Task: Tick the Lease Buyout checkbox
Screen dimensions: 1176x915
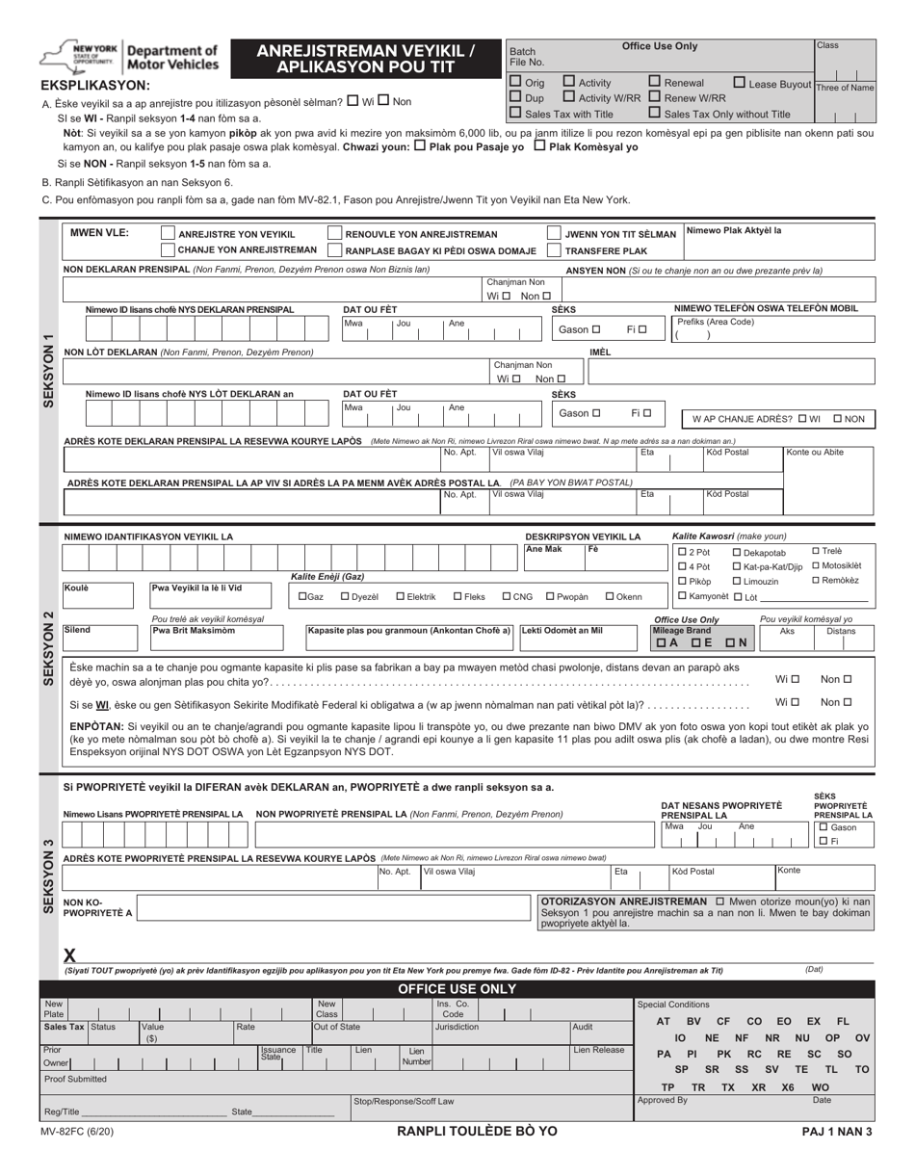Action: pyautogui.click(x=740, y=83)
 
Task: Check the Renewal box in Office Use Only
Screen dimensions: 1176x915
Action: pyautogui.click(x=655, y=83)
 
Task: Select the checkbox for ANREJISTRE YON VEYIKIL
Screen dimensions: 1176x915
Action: pyautogui.click(x=168, y=234)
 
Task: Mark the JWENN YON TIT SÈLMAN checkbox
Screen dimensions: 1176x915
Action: pyautogui.click(x=555, y=234)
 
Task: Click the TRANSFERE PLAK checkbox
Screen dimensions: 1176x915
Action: pyautogui.click(x=555, y=250)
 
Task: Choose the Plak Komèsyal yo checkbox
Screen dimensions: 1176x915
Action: pyautogui.click(x=538, y=146)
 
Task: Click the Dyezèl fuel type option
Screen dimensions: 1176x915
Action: pyautogui.click(x=346, y=596)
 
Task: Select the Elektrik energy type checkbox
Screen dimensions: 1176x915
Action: pyautogui.click(x=401, y=596)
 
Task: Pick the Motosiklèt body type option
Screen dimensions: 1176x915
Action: pyautogui.click(x=817, y=565)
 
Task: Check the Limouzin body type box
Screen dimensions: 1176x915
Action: pyautogui.click(x=737, y=581)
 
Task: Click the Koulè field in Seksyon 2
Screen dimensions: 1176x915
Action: pyautogui.click(x=104, y=596)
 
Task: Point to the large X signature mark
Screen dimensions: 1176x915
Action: pyautogui.click(x=69, y=955)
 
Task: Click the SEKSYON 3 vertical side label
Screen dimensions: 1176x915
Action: pyautogui.click(x=49, y=875)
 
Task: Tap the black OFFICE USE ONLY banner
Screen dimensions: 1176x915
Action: pyautogui.click(x=457, y=989)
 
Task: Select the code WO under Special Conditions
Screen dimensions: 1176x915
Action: pyautogui.click(x=821, y=1086)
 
